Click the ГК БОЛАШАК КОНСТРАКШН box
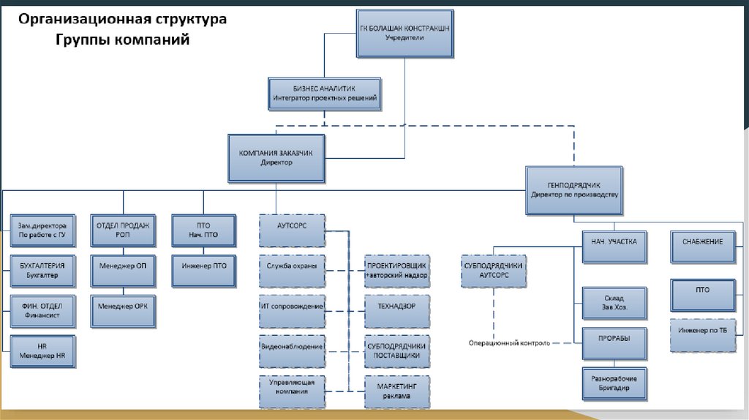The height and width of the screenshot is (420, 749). click(405, 34)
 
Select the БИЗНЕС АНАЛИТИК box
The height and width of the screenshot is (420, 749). click(325, 94)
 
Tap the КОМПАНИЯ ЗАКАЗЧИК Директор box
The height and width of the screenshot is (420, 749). click(276, 158)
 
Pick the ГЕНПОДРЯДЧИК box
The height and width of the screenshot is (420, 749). click(574, 190)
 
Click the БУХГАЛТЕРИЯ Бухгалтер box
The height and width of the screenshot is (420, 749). click(42, 271)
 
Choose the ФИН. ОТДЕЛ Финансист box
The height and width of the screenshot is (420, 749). click(42, 311)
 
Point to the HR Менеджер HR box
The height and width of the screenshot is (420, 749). click(42, 351)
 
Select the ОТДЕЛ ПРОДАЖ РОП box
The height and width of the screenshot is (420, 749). click(123, 230)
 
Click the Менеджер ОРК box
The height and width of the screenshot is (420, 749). click(123, 311)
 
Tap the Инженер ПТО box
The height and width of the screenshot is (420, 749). click(204, 271)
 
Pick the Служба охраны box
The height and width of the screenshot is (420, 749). click(293, 271)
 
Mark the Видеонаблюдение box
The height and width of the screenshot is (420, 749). click(293, 351)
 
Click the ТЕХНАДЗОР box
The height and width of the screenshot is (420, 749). click(397, 311)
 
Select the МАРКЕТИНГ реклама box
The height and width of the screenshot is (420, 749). click(397, 391)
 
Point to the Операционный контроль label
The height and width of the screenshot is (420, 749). click(509, 343)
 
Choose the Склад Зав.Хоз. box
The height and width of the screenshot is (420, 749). click(614, 303)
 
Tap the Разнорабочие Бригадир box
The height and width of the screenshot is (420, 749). click(614, 383)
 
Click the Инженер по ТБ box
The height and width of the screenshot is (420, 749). click(703, 335)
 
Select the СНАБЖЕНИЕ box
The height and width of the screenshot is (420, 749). click(703, 247)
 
